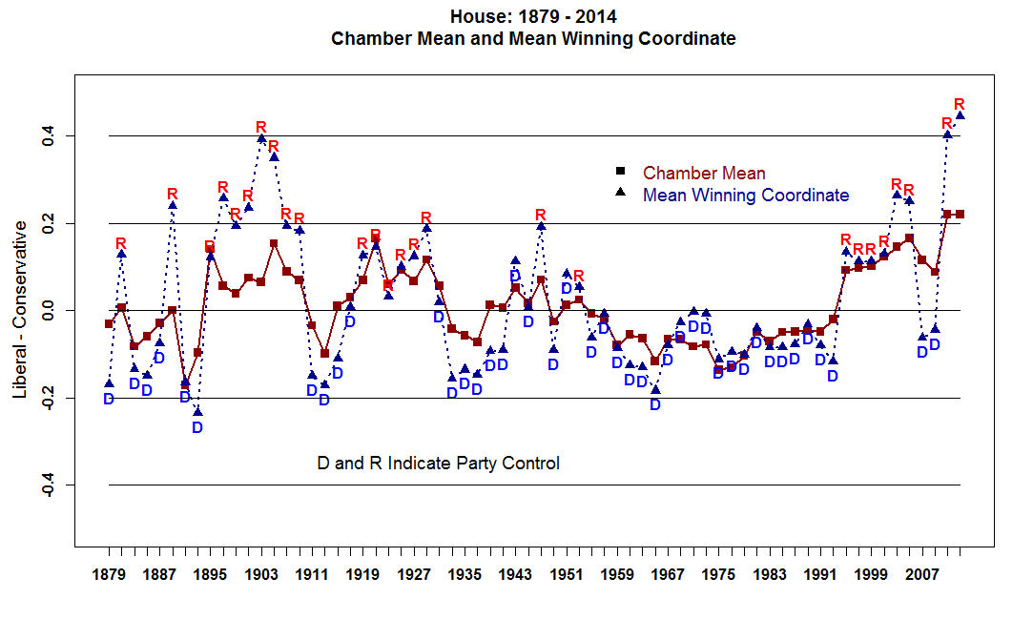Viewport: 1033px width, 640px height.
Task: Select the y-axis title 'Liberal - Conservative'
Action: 20,311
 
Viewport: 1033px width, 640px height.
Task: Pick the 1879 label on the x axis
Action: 109,575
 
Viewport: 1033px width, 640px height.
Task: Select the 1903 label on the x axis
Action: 261,575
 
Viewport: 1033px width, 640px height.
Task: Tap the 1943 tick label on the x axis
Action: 515,575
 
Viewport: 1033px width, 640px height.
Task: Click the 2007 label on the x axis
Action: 921,575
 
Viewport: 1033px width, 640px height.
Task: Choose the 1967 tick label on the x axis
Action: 668,575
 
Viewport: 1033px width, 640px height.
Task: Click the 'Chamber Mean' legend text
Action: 704,174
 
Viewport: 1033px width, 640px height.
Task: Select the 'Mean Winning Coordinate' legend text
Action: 746,196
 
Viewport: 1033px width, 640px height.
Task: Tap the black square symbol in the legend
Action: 620,172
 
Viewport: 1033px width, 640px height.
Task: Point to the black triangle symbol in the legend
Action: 620,194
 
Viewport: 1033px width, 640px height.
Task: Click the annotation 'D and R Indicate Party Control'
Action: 438,464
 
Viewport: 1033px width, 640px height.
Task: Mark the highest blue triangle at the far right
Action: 961,115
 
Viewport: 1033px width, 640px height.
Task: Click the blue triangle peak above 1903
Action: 261,139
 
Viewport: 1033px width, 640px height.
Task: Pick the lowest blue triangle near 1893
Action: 197,411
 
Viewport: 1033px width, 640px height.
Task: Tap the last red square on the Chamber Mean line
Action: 960,214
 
